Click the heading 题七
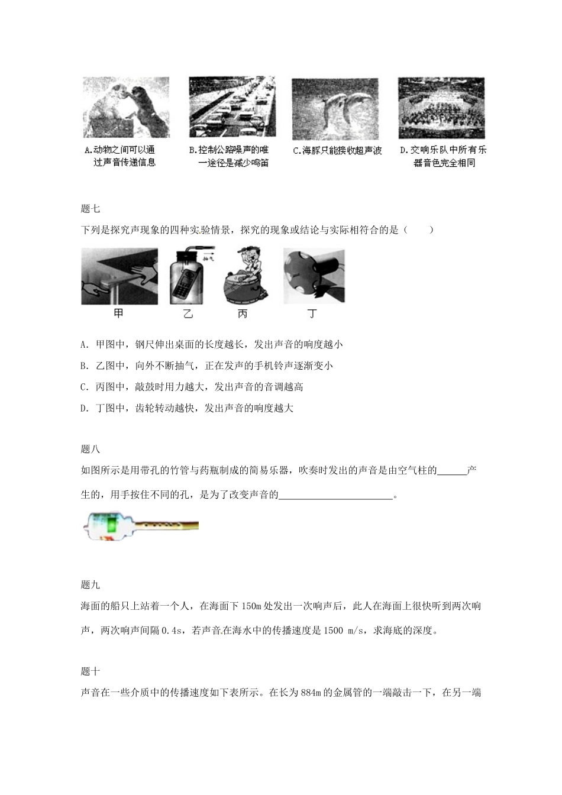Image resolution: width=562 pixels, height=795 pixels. pyautogui.click(x=91, y=208)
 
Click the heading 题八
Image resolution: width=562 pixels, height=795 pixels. pyautogui.click(x=91, y=449)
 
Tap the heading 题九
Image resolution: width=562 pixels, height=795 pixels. pyautogui.click(x=91, y=584)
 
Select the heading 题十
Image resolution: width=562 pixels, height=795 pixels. pyautogui.click(x=91, y=671)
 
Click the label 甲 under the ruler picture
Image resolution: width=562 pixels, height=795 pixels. pyautogui.click(x=118, y=314)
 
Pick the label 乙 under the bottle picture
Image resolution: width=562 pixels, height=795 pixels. pyautogui.click(x=188, y=314)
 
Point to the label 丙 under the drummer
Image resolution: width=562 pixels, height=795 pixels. pyautogui.click(x=243, y=314)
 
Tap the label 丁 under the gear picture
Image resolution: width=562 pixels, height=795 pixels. pyautogui.click(x=312, y=314)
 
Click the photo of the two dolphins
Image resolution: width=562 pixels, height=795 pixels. pyautogui.click(x=335, y=109)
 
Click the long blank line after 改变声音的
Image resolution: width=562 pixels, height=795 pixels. pyautogui.click(x=335, y=495)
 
